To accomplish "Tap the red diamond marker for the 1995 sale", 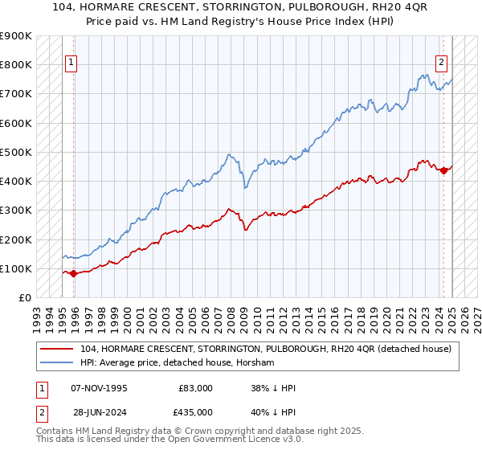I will point(74,273).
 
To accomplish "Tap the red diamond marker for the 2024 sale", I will point(443,170).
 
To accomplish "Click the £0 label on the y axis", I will point(25,297).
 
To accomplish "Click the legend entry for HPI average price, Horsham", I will point(178,363).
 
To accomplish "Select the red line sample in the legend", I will point(58,350).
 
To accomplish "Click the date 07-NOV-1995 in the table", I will point(100,388).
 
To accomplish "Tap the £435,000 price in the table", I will point(196,412).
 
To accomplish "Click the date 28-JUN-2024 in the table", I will point(100,412).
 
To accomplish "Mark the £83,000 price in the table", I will point(196,388).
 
